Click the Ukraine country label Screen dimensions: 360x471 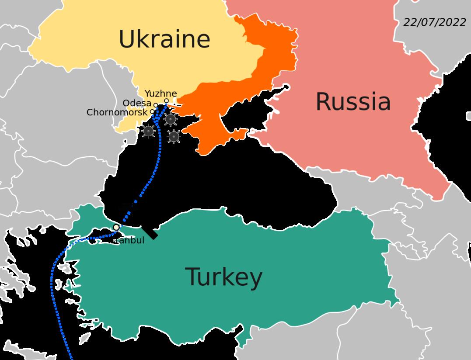click(164, 39)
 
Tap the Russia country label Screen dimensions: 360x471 click(353, 102)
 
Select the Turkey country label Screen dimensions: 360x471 click(224, 277)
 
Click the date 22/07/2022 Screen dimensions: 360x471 click(434, 23)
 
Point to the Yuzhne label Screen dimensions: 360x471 click(160, 93)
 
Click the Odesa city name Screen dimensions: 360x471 click(137, 103)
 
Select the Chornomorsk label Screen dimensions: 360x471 click(117, 112)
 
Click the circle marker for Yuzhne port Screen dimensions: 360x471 click(167, 100)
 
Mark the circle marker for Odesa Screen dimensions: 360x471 click(156, 105)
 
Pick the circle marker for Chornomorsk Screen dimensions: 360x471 click(152, 111)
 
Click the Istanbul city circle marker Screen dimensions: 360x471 click(116, 228)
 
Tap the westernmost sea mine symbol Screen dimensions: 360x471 click(149, 131)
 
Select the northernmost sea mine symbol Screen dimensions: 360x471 click(170, 119)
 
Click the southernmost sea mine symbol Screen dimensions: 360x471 click(174, 137)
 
